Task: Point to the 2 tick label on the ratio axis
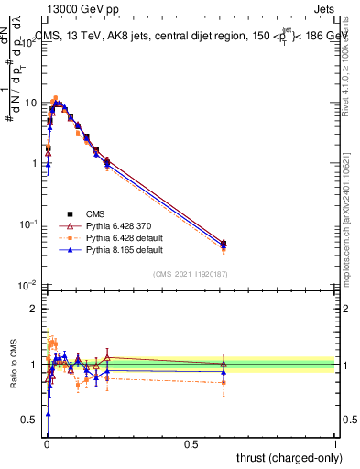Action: pyautogui.click(x=33, y=309)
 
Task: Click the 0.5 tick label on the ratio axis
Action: pyautogui.click(x=29, y=420)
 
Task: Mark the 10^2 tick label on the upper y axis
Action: pyautogui.click(x=28, y=42)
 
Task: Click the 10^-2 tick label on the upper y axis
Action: pyautogui.click(x=28, y=285)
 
